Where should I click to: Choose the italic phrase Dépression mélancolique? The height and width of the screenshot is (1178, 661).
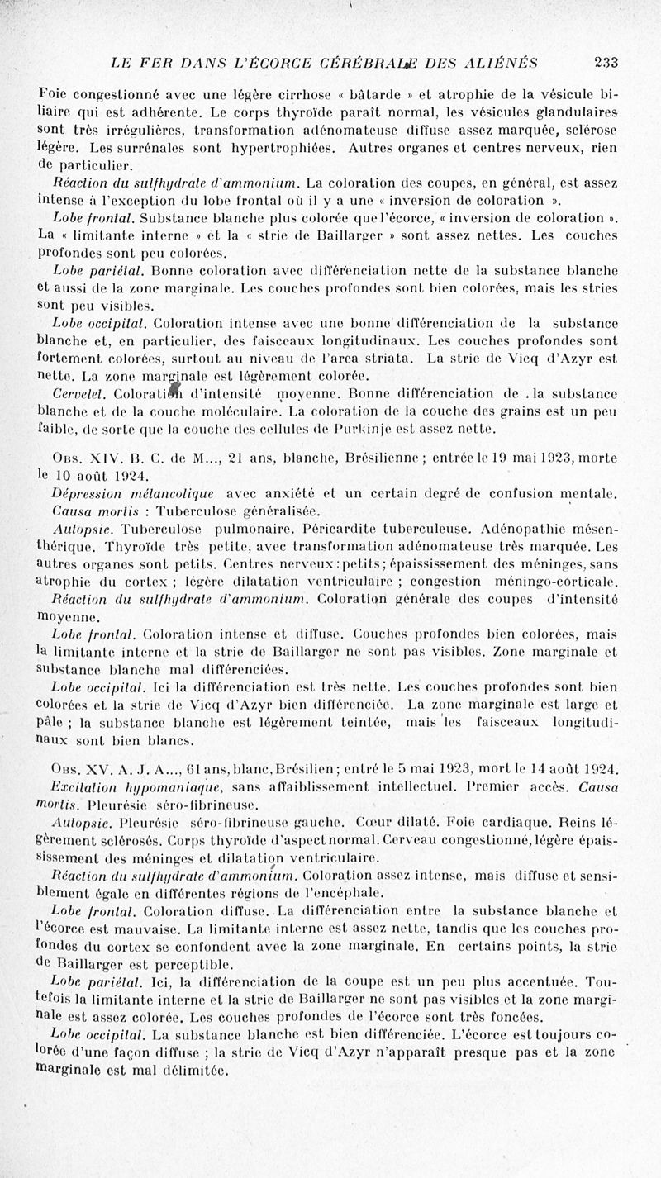point(132,494)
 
